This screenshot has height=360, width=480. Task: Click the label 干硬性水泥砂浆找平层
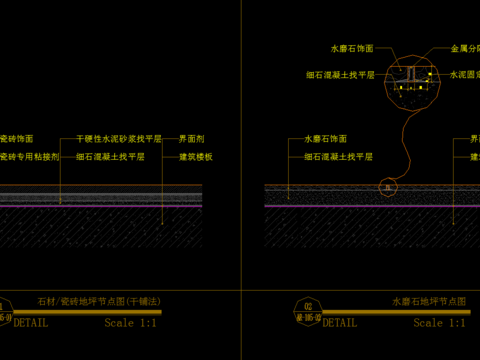coord(118,140)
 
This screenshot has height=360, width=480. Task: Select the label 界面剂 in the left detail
coord(192,140)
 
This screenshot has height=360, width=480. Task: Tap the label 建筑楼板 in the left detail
coord(196,156)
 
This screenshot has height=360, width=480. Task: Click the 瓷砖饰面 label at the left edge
coord(16,140)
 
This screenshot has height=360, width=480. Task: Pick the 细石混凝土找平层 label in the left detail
coord(118,156)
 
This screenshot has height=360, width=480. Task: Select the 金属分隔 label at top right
coord(465,48)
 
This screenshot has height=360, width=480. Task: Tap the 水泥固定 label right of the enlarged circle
coord(465,74)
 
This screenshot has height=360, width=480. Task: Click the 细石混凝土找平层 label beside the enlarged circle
coord(339,74)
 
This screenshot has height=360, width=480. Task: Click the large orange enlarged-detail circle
coord(412,81)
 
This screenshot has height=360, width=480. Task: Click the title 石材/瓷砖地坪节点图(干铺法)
coord(98,301)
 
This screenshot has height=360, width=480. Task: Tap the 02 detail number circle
coord(308,307)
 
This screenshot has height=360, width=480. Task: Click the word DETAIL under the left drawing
coord(31,323)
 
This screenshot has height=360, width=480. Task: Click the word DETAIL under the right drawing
coord(340,323)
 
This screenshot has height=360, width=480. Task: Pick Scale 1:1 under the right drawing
coord(440,323)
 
